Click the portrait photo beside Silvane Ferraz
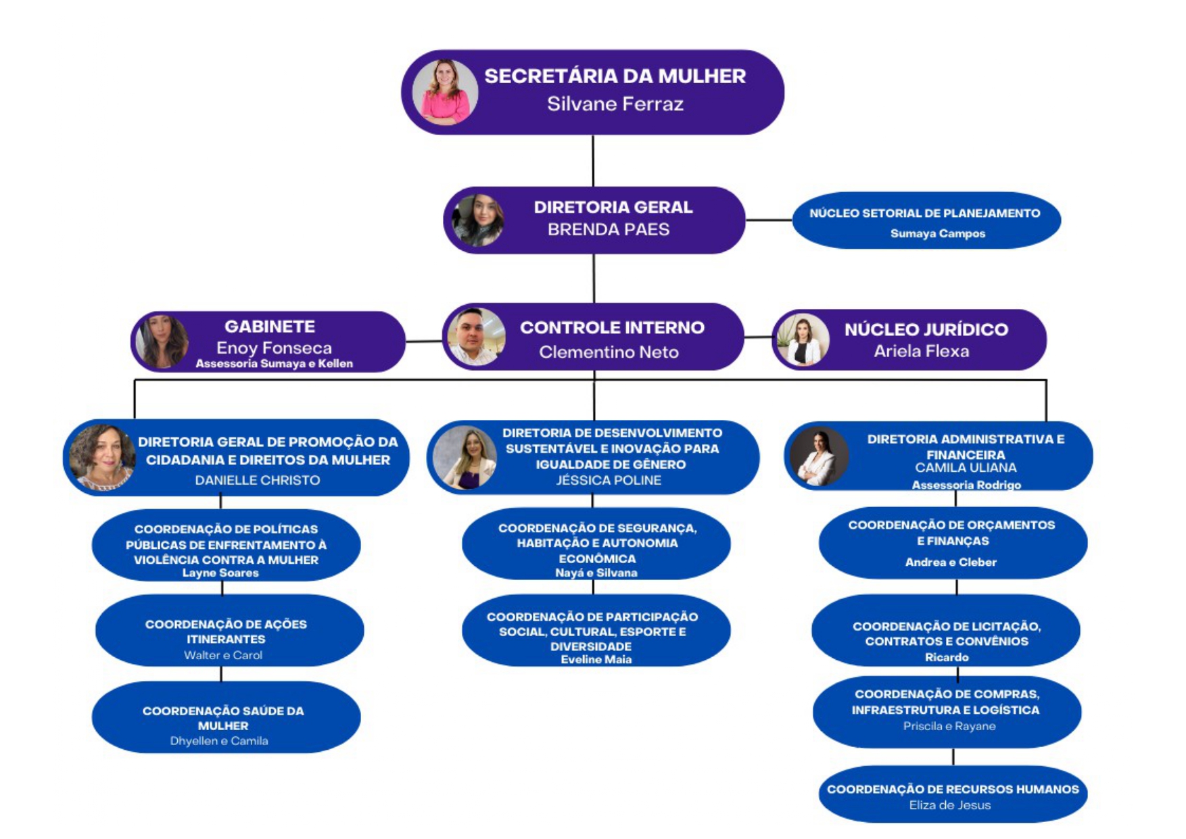[x=445, y=92]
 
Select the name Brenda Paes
[x=608, y=230]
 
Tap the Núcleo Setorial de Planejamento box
[x=926, y=221]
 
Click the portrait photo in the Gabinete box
[x=162, y=341]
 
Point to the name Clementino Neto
[x=609, y=352]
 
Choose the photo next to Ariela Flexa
[x=803, y=340]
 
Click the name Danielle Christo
[x=258, y=481]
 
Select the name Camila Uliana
[x=966, y=468]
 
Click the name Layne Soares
[x=220, y=573]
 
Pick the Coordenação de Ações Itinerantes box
[x=229, y=631]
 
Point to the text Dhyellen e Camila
[x=219, y=742]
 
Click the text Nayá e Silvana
[x=596, y=573]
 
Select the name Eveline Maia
[x=596, y=660]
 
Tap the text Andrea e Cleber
[x=951, y=562]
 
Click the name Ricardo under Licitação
[x=947, y=658]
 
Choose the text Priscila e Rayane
[x=949, y=727]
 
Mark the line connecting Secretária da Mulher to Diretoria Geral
[x=593, y=161]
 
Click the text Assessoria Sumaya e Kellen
[x=274, y=364]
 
